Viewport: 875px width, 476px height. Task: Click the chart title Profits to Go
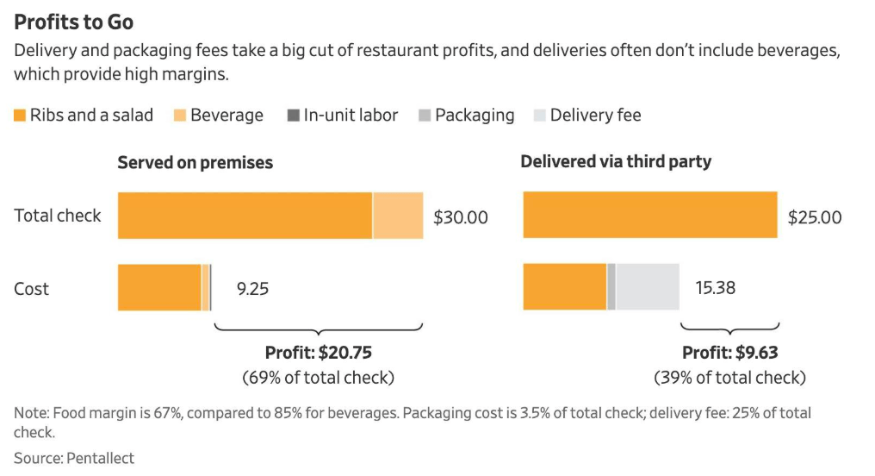(74, 22)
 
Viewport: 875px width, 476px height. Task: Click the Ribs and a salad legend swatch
(20, 116)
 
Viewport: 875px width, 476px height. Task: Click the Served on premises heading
(195, 162)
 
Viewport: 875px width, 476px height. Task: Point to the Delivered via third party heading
(616, 161)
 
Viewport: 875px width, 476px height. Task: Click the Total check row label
(58, 216)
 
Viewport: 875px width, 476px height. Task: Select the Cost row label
(32, 289)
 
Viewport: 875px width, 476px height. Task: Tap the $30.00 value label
(460, 217)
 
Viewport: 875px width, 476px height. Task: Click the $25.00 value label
(815, 217)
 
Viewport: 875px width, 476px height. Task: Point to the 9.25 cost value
(252, 289)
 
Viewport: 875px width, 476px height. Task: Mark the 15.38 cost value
(715, 288)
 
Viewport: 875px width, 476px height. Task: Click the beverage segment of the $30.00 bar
(398, 216)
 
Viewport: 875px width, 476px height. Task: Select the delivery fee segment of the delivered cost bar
(647, 287)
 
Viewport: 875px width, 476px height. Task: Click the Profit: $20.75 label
(318, 353)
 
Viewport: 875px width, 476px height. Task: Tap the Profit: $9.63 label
(729, 353)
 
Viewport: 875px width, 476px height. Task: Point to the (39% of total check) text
(729, 377)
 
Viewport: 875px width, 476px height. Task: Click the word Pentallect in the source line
(100, 458)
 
